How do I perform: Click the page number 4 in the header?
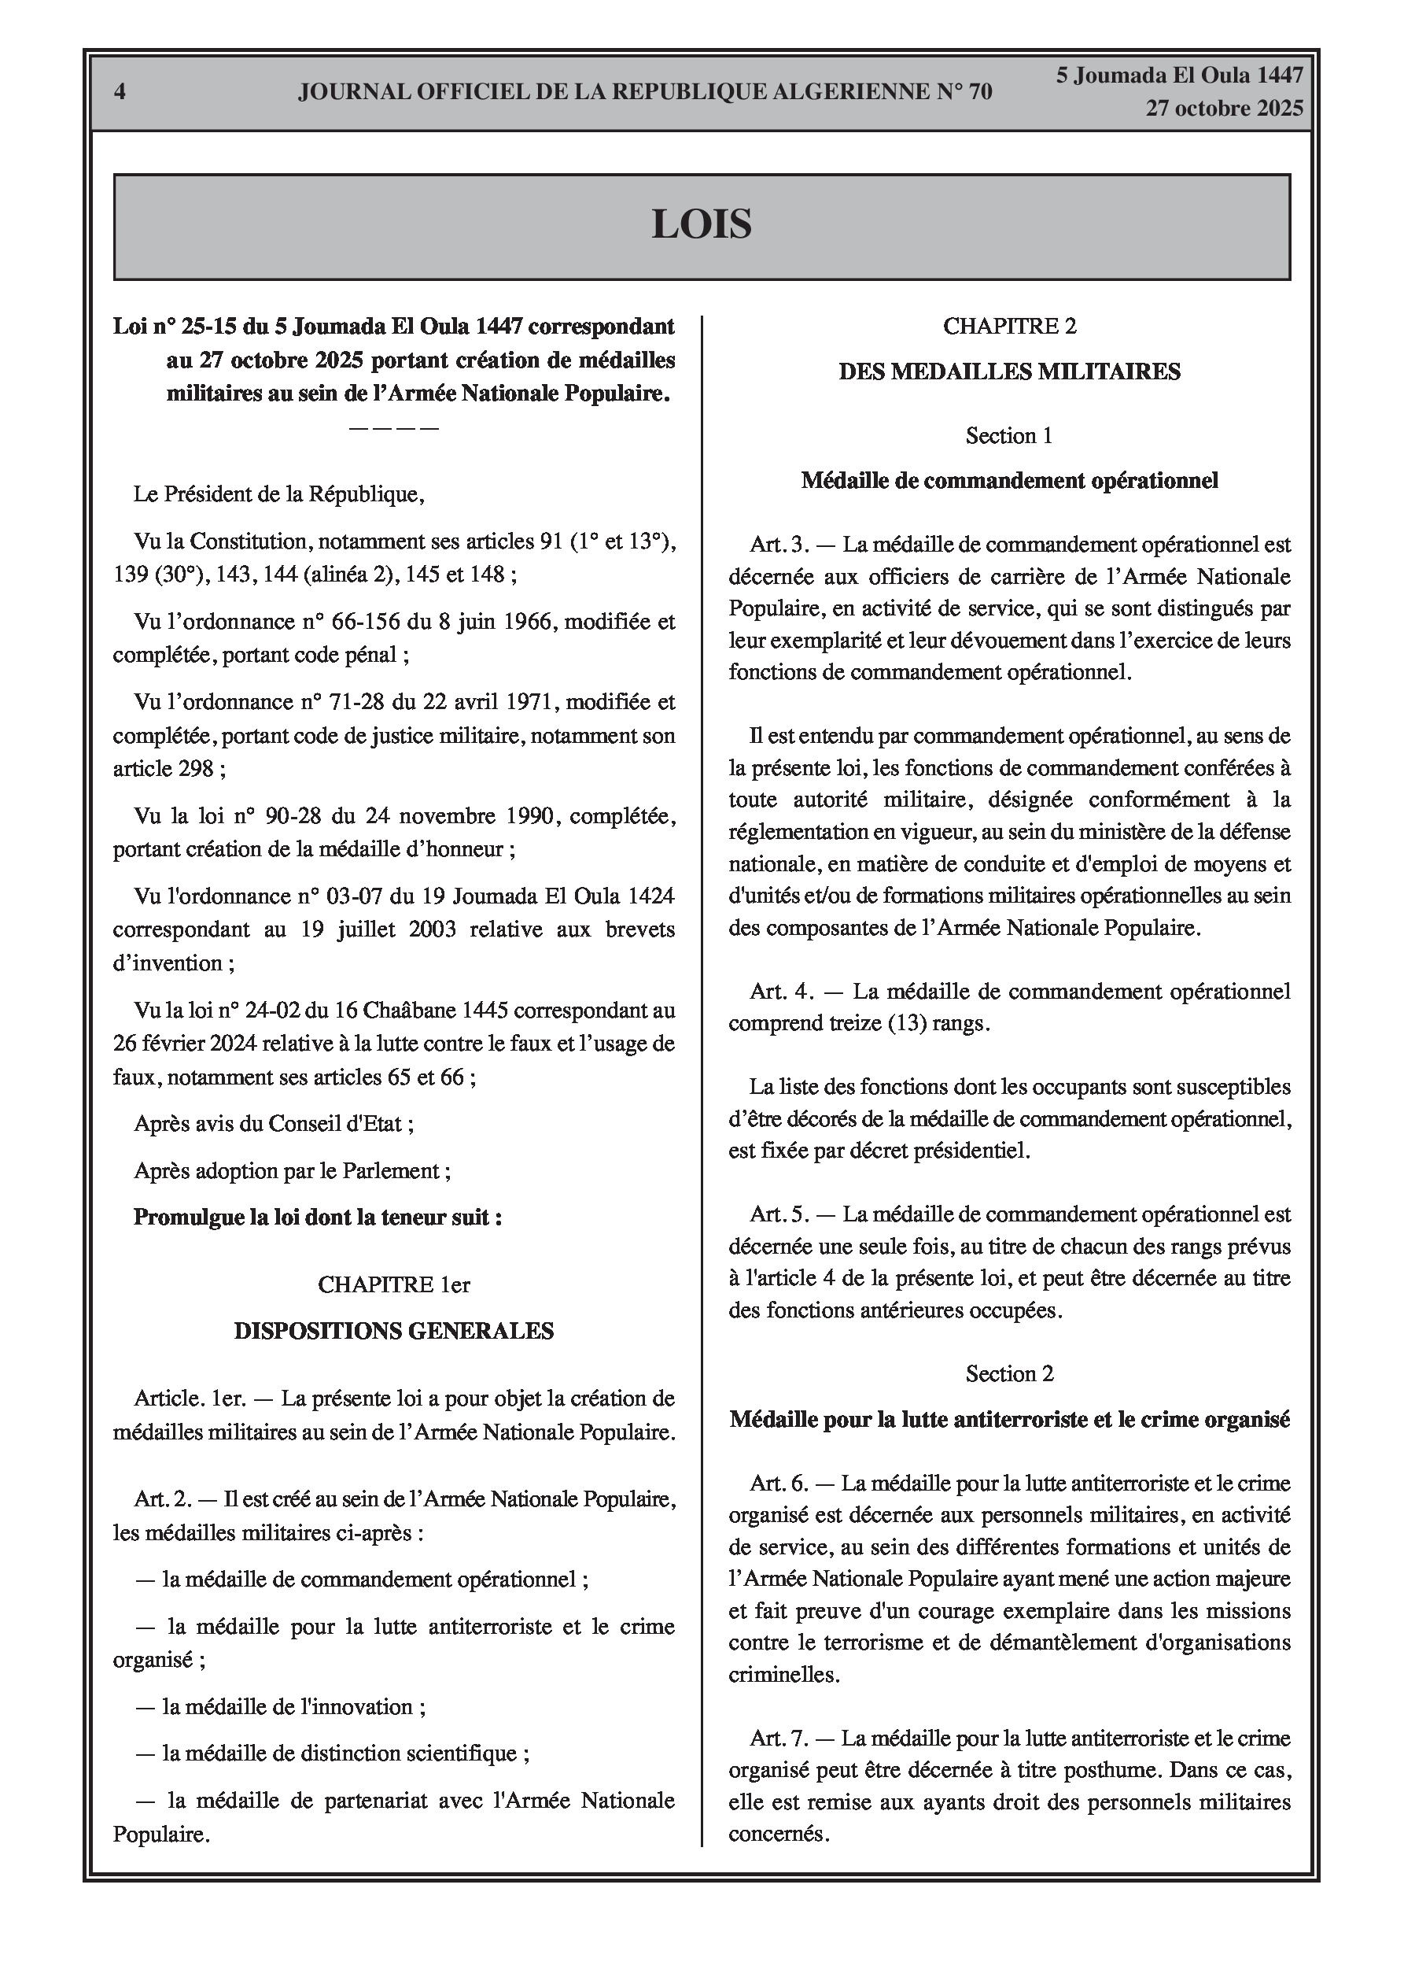point(120,92)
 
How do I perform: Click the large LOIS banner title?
point(701,224)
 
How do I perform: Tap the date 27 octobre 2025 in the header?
point(1224,109)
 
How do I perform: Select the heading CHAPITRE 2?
point(1009,327)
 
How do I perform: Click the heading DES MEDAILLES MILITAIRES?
point(1009,371)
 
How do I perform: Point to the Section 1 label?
point(1009,435)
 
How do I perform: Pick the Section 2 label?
point(1009,1373)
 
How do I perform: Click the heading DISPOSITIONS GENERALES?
point(394,1331)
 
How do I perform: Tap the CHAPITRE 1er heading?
point(394,1284)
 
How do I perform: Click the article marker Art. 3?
point(779,545)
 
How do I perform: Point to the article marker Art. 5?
point(779,1214)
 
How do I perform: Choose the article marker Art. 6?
point(779,1484)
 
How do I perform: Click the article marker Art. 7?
point(779,1738)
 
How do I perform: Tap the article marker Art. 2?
point(163,1498)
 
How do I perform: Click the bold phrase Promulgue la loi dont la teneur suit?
point(318,1218)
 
